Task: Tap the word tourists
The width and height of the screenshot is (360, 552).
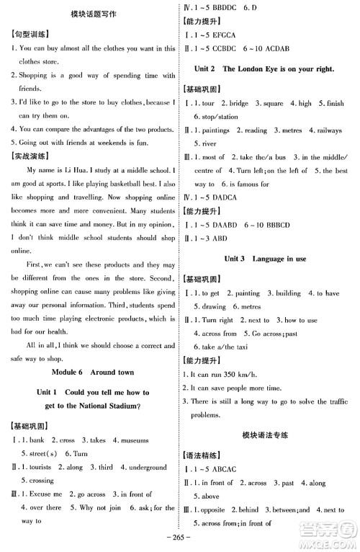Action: [43, 467]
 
